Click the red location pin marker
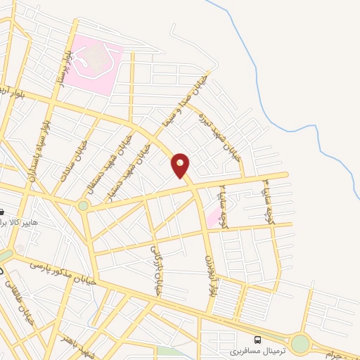point(181,165)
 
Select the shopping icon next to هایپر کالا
point(2,212)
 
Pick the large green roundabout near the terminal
point(300,344)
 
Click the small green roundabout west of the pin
point(84,206)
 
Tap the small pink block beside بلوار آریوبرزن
point(211,218)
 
